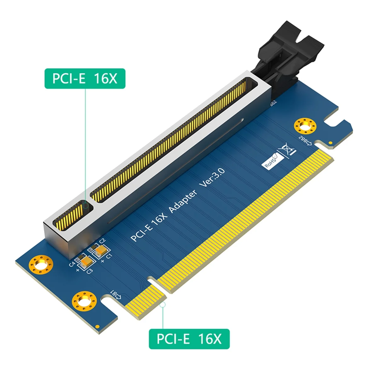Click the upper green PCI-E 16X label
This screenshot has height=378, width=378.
coord(85,78)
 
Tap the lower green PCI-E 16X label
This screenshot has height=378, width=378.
coord(189,339)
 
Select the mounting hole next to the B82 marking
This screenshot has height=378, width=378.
coord(304,126)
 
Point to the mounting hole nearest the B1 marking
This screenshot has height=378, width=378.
coord(83,301)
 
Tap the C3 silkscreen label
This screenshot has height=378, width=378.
coord(89,270)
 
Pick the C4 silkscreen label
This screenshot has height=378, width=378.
coord(72,263)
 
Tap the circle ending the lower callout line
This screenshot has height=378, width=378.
coord(163,304)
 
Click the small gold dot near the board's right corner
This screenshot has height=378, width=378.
coord(330,143)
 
